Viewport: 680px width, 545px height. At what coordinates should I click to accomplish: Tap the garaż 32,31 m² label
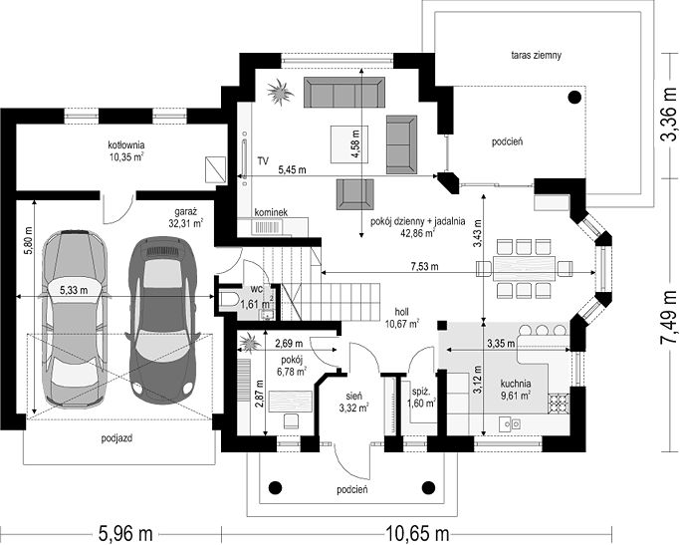click(186, 218)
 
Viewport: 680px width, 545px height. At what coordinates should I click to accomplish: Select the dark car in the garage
click(161, 320)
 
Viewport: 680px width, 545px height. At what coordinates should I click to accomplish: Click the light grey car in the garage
click(74, 319)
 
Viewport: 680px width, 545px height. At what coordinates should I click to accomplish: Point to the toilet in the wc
click(228, 300)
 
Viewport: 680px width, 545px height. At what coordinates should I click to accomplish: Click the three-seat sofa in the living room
click(344, 92)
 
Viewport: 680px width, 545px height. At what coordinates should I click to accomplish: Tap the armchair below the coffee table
click(355, 194)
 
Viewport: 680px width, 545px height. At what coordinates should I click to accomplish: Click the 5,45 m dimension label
click(292, 170)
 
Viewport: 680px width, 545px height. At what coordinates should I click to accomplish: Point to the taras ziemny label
click(536, 55)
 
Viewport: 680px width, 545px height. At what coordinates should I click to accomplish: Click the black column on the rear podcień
click(574, 98)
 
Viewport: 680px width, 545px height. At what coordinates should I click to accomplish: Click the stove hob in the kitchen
click(559, 404)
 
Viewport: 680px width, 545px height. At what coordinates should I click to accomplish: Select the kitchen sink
click(510, 423)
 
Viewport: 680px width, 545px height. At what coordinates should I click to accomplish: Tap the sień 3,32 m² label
click(354, 402)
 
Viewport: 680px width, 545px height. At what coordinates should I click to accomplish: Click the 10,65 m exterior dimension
click(417, 533)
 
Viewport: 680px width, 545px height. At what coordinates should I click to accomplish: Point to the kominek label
click(271, 212)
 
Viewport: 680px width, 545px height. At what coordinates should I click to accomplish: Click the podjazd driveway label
click(116, 438)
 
